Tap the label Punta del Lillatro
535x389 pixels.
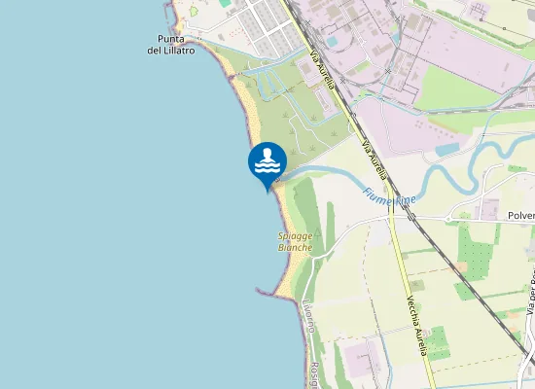point(170,45)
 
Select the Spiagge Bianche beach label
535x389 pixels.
point(295,242)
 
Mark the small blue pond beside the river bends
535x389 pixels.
point(447,151)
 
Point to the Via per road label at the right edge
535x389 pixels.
point(531,292)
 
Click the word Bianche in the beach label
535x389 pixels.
point(295,248)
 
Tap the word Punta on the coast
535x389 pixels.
point(170,39)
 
